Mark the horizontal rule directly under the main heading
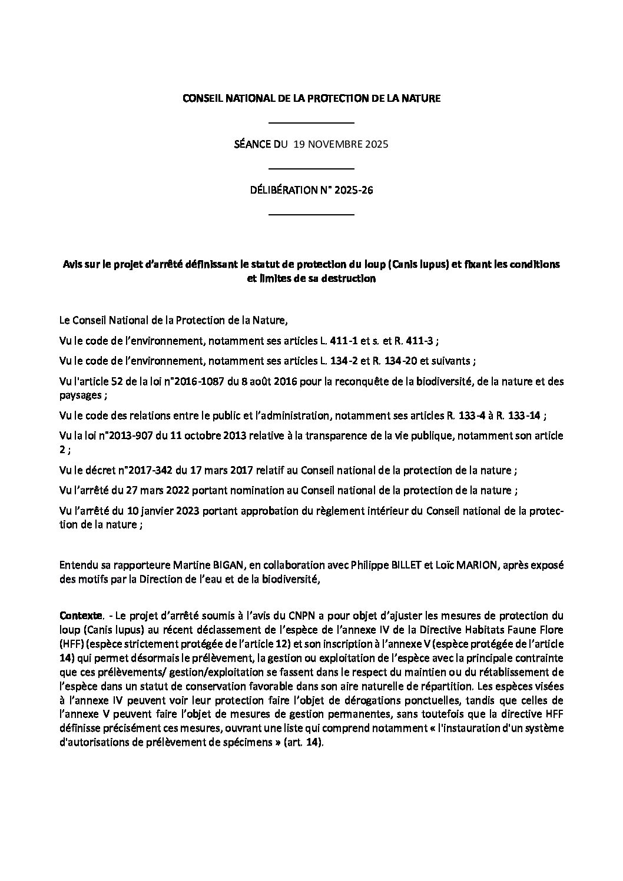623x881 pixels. click(311, 122)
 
